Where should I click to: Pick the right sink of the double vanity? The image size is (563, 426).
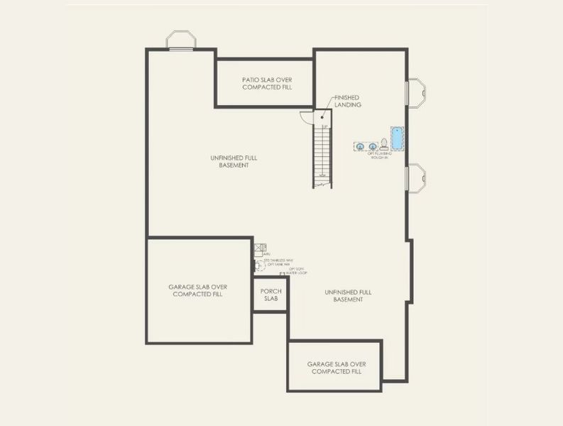(x=372, y=146)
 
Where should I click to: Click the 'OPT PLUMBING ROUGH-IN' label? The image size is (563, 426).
(x=381, y=155)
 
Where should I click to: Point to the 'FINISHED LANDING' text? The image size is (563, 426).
(x=348, y=101)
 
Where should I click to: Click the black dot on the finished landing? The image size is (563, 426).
(x=322, y=117)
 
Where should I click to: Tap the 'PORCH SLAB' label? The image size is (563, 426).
(x=270, y=295)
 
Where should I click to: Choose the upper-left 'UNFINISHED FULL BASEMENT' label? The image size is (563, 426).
(x=234, y=161)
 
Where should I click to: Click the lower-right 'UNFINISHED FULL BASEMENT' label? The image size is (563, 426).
(x=348, y=295)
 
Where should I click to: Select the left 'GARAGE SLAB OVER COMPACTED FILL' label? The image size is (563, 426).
(x=197, y=290)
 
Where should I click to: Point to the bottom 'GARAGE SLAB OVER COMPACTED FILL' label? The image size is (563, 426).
(x=336, y=367)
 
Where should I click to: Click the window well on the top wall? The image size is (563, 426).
(x=180, y=40)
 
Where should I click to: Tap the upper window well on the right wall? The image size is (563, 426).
(x=416, y=92)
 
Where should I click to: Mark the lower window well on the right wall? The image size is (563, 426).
(x=416, y=177)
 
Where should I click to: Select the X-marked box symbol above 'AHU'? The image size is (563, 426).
(x=259, y=248)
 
